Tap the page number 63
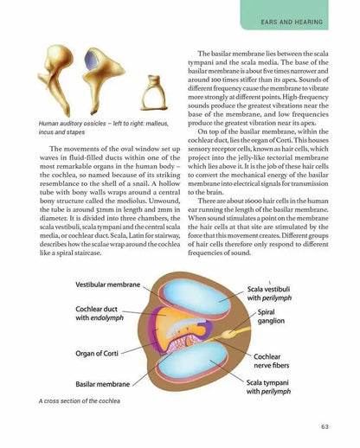(323, 424)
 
